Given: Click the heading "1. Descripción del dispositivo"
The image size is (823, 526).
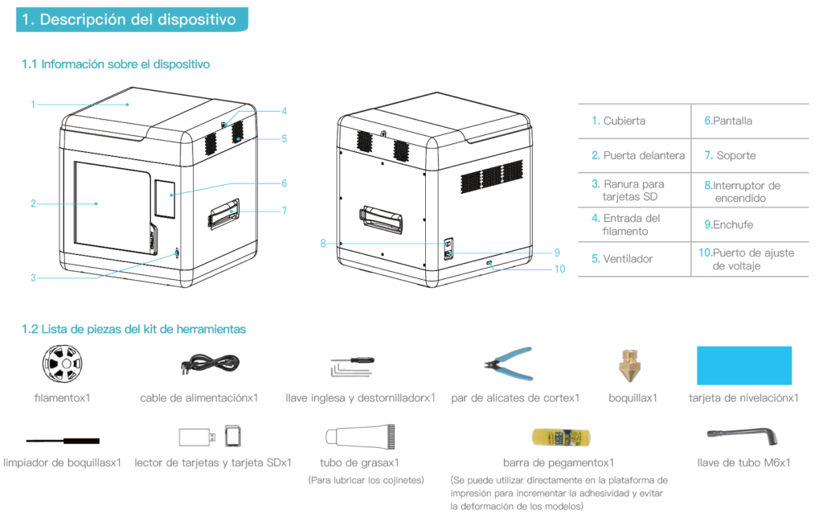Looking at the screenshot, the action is click(x=129, y=19).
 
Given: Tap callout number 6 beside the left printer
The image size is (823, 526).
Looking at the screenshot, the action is click(x=284, y=183).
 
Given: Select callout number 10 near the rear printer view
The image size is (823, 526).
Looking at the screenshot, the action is click(x=559, y=269).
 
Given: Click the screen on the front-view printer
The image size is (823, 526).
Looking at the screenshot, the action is click(x=165, y=199).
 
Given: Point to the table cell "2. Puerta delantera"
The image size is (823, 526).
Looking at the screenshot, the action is click(x=637, y=155).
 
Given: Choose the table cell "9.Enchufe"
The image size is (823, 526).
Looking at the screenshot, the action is click(x=728, y=225).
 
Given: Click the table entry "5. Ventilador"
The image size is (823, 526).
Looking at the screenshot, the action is click(x=622, y=259).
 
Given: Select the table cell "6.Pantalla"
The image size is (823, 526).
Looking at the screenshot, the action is click(x=728, y=121).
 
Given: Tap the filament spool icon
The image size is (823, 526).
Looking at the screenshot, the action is click(x=62, y=363).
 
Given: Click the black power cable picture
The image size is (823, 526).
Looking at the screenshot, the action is click(x=210, y=363).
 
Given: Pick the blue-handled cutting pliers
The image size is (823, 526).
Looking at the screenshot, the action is click(x=509, y=363).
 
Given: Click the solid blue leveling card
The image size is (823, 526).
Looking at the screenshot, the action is click(x=743, y=366).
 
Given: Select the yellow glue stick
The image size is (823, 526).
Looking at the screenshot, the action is click(x=561, y=438).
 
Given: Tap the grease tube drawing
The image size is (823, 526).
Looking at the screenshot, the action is click(x=360, y=437).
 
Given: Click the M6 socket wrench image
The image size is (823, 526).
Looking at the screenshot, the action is click(x=742, y=434).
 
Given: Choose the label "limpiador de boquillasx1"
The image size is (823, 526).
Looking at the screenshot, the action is click(x=62, y=463).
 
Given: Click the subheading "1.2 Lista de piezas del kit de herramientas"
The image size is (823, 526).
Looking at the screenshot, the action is click(x=133, y=330).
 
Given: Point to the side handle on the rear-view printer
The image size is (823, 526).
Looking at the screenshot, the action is click(x=381, y=220).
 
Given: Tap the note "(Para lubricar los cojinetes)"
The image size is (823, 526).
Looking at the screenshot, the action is click(x=366, y=480).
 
